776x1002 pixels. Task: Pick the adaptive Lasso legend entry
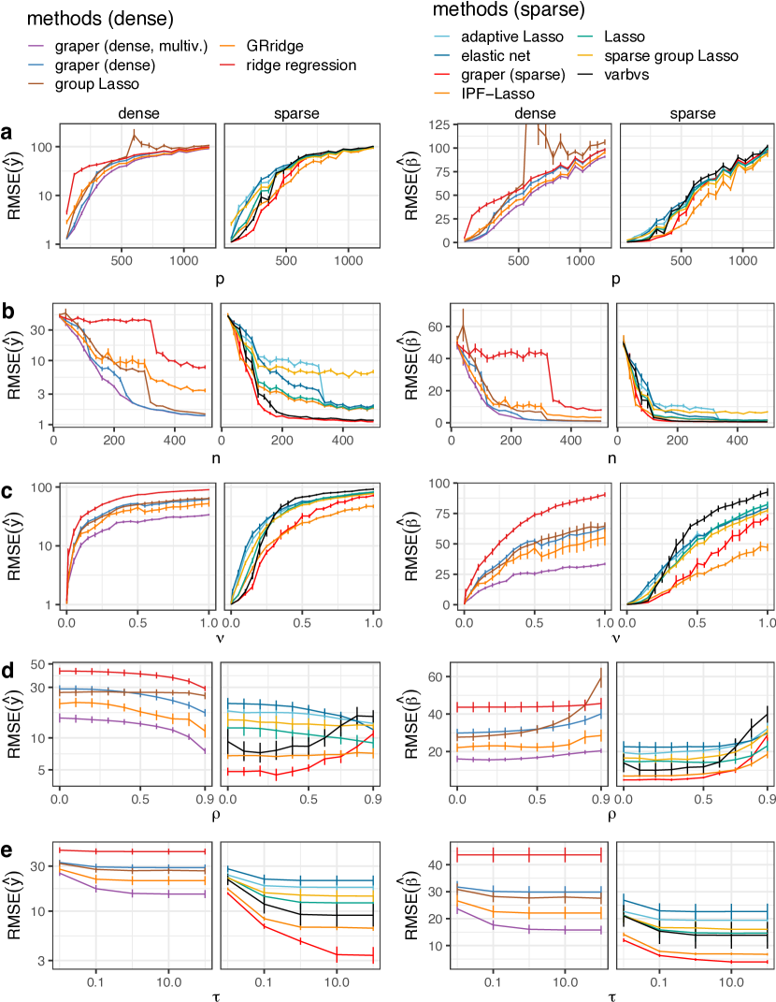pyautogui.click(x=513, y=37)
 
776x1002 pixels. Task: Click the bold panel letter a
pyautogui.click(x=7, y=134)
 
